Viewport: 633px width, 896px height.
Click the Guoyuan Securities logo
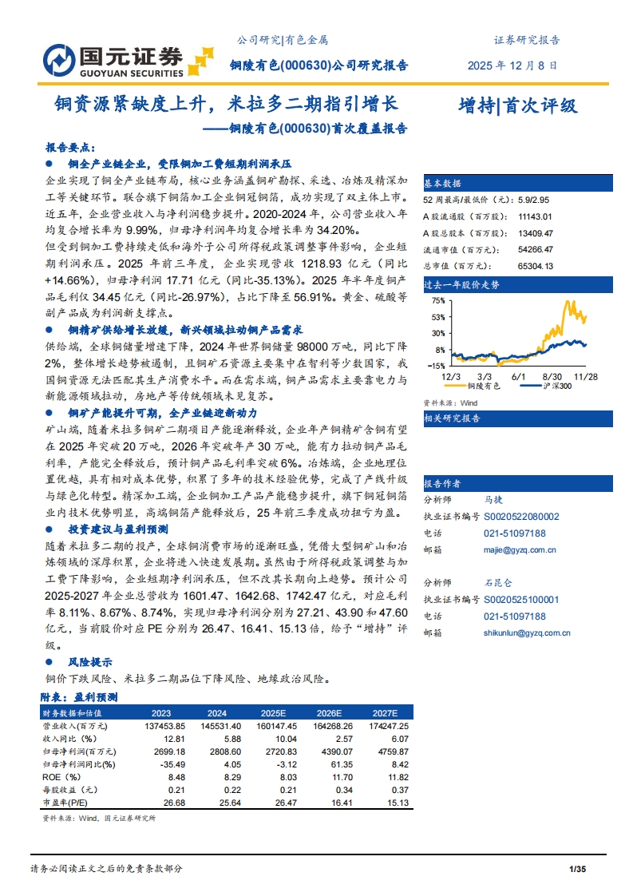127,58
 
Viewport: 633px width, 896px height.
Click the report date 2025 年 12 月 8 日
512,65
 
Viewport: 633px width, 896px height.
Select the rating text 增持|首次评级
517,105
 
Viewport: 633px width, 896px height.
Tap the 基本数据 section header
442,182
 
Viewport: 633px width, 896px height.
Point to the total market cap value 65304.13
535,266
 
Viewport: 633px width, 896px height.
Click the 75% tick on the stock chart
437,300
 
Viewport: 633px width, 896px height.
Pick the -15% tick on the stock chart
436,366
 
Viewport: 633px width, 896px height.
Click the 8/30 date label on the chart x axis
552,375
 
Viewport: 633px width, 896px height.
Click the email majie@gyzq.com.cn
520,549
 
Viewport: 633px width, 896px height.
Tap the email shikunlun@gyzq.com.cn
527,632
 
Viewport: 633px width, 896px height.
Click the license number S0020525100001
521,600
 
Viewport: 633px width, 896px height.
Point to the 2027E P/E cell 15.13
397,803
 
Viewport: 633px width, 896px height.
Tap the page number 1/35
577,868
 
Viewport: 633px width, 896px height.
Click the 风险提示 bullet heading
89,662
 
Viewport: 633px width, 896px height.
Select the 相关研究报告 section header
452,418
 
